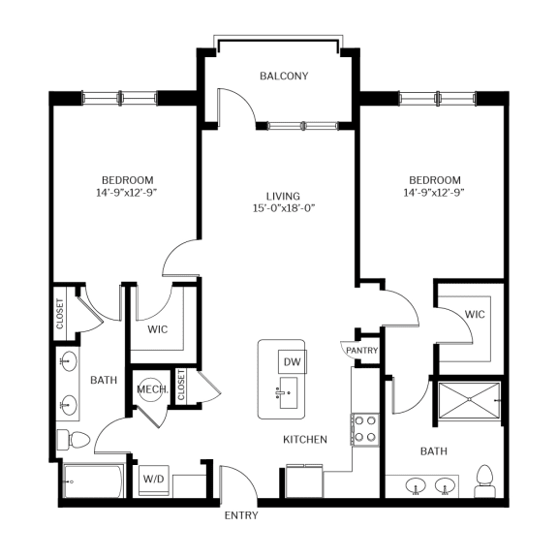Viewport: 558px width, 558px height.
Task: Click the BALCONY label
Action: pos(284,76)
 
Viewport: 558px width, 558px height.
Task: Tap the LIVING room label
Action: pos(284,195)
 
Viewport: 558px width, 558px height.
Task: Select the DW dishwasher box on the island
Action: pos(292,361)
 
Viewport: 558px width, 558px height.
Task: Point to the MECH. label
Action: pos(153,389)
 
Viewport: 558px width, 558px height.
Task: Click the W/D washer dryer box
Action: pos(154,479)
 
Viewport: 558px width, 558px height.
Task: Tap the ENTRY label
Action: pos(241,515)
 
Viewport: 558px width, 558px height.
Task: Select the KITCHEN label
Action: pos(304,440)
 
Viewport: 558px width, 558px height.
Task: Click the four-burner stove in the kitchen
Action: pos(363,428)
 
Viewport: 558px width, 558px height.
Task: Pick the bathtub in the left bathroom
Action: pos(91,480)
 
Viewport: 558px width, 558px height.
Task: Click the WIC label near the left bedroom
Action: pos(159,329)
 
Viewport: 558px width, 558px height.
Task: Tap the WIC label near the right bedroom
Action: pos(475,315)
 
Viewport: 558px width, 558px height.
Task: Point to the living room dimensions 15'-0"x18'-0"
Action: pos(284,208)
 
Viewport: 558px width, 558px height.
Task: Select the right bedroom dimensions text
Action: pos(434,194)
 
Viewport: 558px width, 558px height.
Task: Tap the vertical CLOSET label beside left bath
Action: pos(60,312)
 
